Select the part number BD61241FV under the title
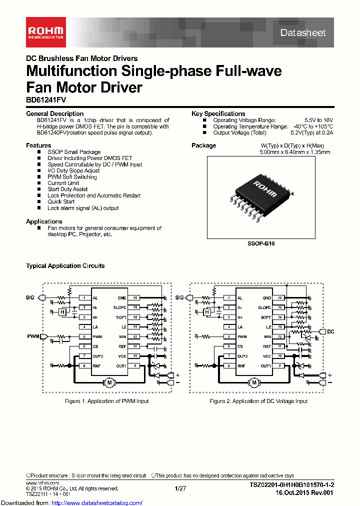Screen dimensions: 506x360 point(45,100)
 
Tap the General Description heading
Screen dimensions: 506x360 point(55,113)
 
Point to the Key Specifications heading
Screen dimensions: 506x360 point(218,113)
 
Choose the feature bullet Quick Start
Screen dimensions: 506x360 point(61,201)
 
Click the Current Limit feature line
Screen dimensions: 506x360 point(63,183)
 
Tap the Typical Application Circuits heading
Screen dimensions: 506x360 point(65,266)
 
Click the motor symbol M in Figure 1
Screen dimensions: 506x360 point(109,383)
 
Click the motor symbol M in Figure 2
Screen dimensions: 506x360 point(254,383)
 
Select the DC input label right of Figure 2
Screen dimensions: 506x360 point(330,331)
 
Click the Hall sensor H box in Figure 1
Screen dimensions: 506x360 point(62,312)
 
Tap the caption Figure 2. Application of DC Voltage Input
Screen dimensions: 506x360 point(258,401)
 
